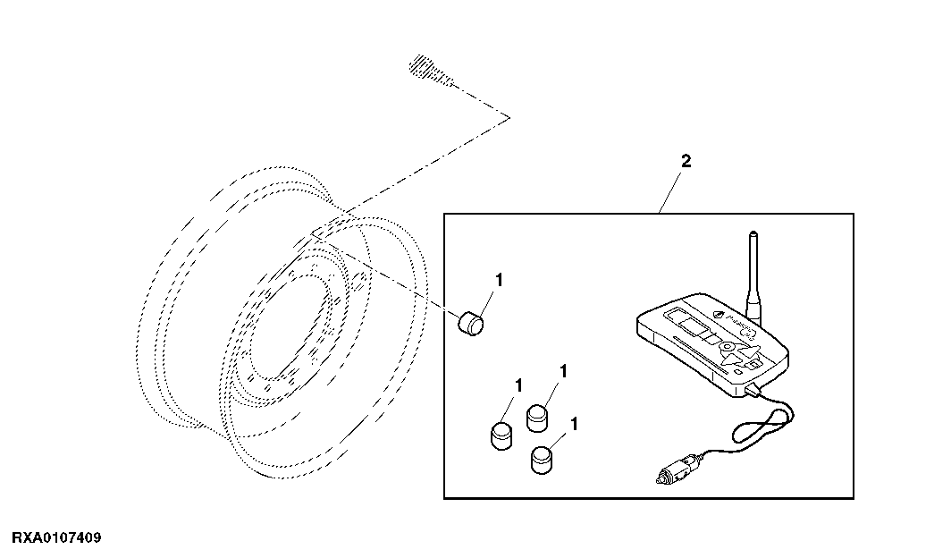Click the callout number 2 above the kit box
click(x=686, y=161)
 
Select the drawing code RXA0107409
click(x=57, y=538)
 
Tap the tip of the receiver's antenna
click(x=752, y=232)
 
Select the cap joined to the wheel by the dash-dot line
click(x=471, y=323)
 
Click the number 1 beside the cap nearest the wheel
click(x=499, y=280)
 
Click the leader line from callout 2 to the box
click(x=672, y=191)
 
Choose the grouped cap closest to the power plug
click(x=542, y=459)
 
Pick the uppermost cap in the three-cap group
click(x=537, y=418)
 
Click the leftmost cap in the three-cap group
click(x=501, y=435)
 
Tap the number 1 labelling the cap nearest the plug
click(x=575, y=424)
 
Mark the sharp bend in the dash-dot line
click(x=509, y=117)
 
